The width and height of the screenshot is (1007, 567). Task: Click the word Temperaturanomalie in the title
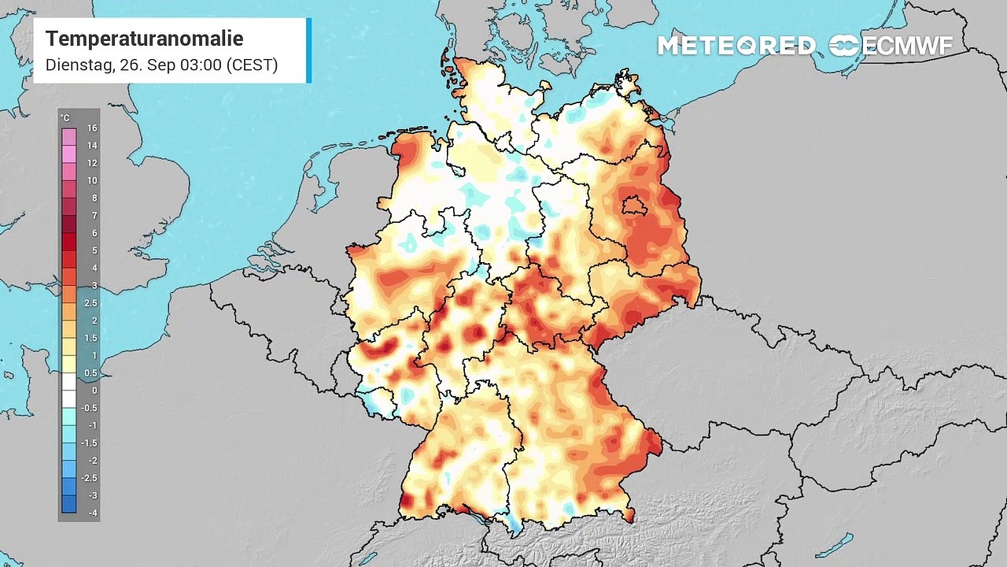[x=144, y=39]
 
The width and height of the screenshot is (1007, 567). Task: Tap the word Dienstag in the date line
[x=79, y=65]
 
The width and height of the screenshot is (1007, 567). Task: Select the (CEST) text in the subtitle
[x=252, y=65]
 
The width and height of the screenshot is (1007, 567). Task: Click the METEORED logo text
[x=736, y=46]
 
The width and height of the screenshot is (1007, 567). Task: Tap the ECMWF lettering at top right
[x=908, y=46]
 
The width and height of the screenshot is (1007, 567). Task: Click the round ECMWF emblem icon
[x=844, y=46]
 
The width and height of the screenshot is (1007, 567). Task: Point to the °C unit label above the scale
[x=65, y=118]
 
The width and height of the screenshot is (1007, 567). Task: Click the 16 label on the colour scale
[x=92, y=128]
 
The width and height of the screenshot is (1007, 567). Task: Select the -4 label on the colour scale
[x=92, y=513]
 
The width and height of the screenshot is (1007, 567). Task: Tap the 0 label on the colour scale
[x=94, y=391]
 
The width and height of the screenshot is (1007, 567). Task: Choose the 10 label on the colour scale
[x=92, y=180]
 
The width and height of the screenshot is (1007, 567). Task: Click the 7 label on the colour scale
[x=94, y=215]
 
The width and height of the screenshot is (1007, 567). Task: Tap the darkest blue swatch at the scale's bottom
[x=69, y=505]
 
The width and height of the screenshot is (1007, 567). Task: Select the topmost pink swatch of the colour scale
[x=69, y=135]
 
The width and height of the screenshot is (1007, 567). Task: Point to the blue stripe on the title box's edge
[x=309, y=50]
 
